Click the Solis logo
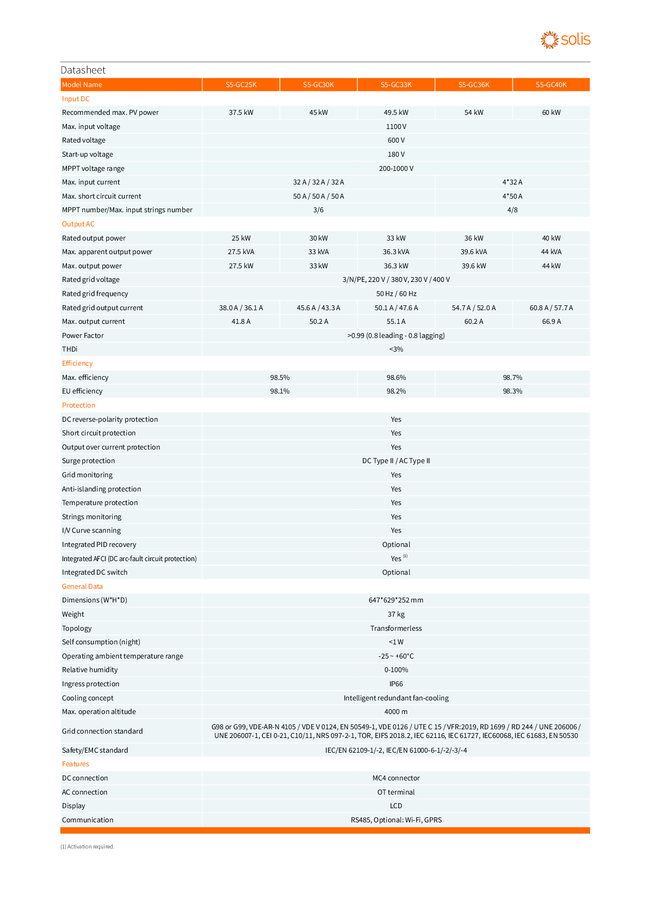point(565,40)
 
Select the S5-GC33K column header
point(396,84)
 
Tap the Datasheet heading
point(83,70)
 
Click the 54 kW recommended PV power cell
point(474,113)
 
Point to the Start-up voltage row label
point(88,155)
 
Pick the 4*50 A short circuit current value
point(512,196)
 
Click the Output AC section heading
point(78,224)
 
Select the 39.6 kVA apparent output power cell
point(474,252)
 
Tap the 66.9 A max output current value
point(551,322)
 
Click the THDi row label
point(70,349)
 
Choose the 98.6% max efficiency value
point(396,378)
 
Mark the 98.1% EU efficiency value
point(280,391)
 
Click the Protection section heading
point(79,405)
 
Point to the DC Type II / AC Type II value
point(396,461)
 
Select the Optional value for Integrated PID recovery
point(396,545)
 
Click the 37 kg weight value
point(396,614)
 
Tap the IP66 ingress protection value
point(396,684)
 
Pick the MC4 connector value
point(396,778)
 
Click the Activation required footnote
point(88,847)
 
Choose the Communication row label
point(88,820)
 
